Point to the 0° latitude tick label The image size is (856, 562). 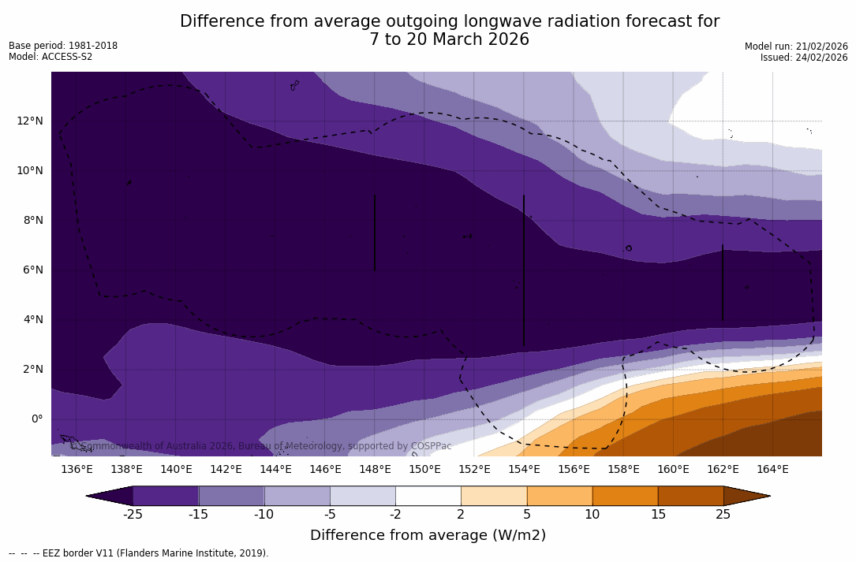(x=36, y=419)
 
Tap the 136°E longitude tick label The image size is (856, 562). (x=77, y=469)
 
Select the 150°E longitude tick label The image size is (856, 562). (x=424, y=469)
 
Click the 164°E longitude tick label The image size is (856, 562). (x=772, y=469)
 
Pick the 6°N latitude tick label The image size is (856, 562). (x=32, y=270)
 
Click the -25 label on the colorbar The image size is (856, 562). (x=133, y=515)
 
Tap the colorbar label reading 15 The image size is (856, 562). (x=657, y=515)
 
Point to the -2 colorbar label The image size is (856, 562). (x=395, y=515)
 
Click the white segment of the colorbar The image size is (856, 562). (x=428, y=496)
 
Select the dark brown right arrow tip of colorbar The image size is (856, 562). (x=746, y=496)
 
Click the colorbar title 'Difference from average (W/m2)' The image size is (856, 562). (x=428, y=535)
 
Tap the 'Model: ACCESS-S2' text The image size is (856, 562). (x=50, y=57)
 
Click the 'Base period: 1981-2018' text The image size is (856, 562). (x=63, y=46)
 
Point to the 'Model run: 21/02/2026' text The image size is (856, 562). (x=796, y=47)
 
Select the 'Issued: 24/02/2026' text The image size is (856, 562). (x=804, y=58)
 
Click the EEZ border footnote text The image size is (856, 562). (x=139, y=553)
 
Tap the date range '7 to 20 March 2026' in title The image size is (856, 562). (x=449, y=39)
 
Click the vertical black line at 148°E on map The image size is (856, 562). (x=375, y=233)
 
